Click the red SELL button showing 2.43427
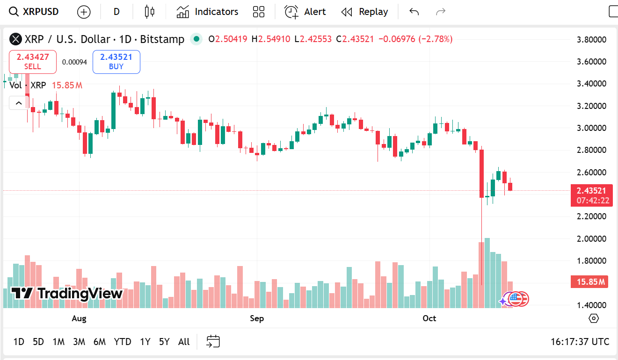[x=33, y=62]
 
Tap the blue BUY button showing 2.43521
[x=116, y=62]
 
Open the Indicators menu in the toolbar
[x=207, y=12]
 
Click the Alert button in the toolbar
[x=305, y=12]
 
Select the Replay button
[x=364, y=12]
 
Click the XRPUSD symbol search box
[x=35, y=12]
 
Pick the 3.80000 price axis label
[x=591, y=40]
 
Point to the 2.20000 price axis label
[x=591, y=216]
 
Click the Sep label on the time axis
[x=257, y=318]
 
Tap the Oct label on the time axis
[x=429, y=318]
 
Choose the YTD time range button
[x=123, y=342]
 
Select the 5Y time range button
[x=164, y=342]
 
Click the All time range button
[x=184, y=342]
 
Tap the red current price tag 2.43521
[x=591, y=191]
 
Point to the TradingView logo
[x=66, y=294]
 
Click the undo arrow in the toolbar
[x=414, y=12]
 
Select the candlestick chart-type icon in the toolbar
[x=149, y=12]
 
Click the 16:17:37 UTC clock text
[x=580, y=342]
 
